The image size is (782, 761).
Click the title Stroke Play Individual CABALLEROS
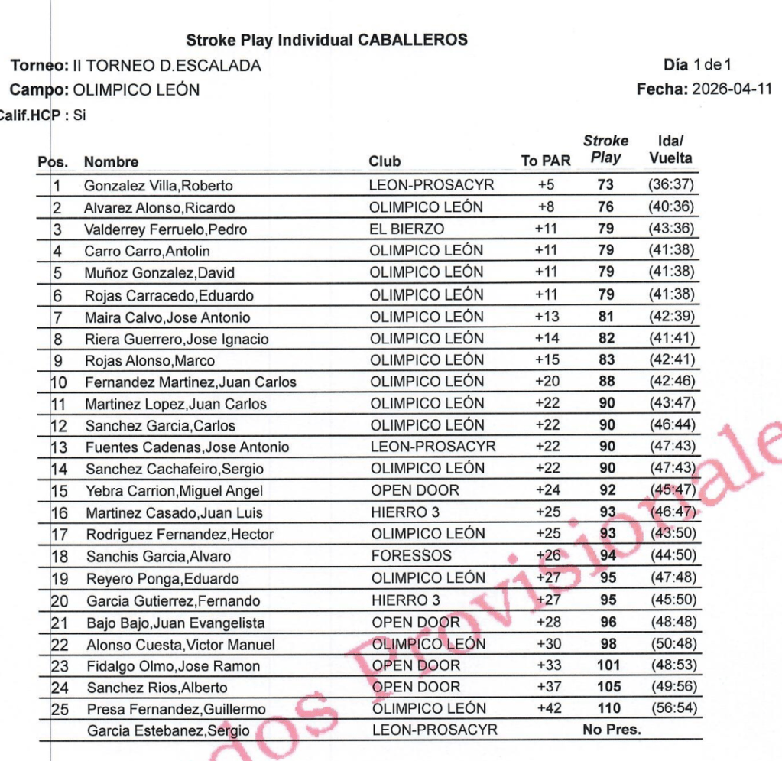click(x=326, y=41)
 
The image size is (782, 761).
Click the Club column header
click(x=385, y=161)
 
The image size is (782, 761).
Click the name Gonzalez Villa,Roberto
click(x=158, y=186)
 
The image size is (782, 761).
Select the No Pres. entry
click(x=611, y=730)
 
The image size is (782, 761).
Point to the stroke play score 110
click(x=608, y=708)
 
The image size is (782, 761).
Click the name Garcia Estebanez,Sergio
click(x=167, y=731)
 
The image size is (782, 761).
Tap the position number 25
click(x=60, y=709)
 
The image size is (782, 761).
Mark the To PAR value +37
click(x=548, y=687)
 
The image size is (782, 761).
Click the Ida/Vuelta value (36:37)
click(x=671, y=185)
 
